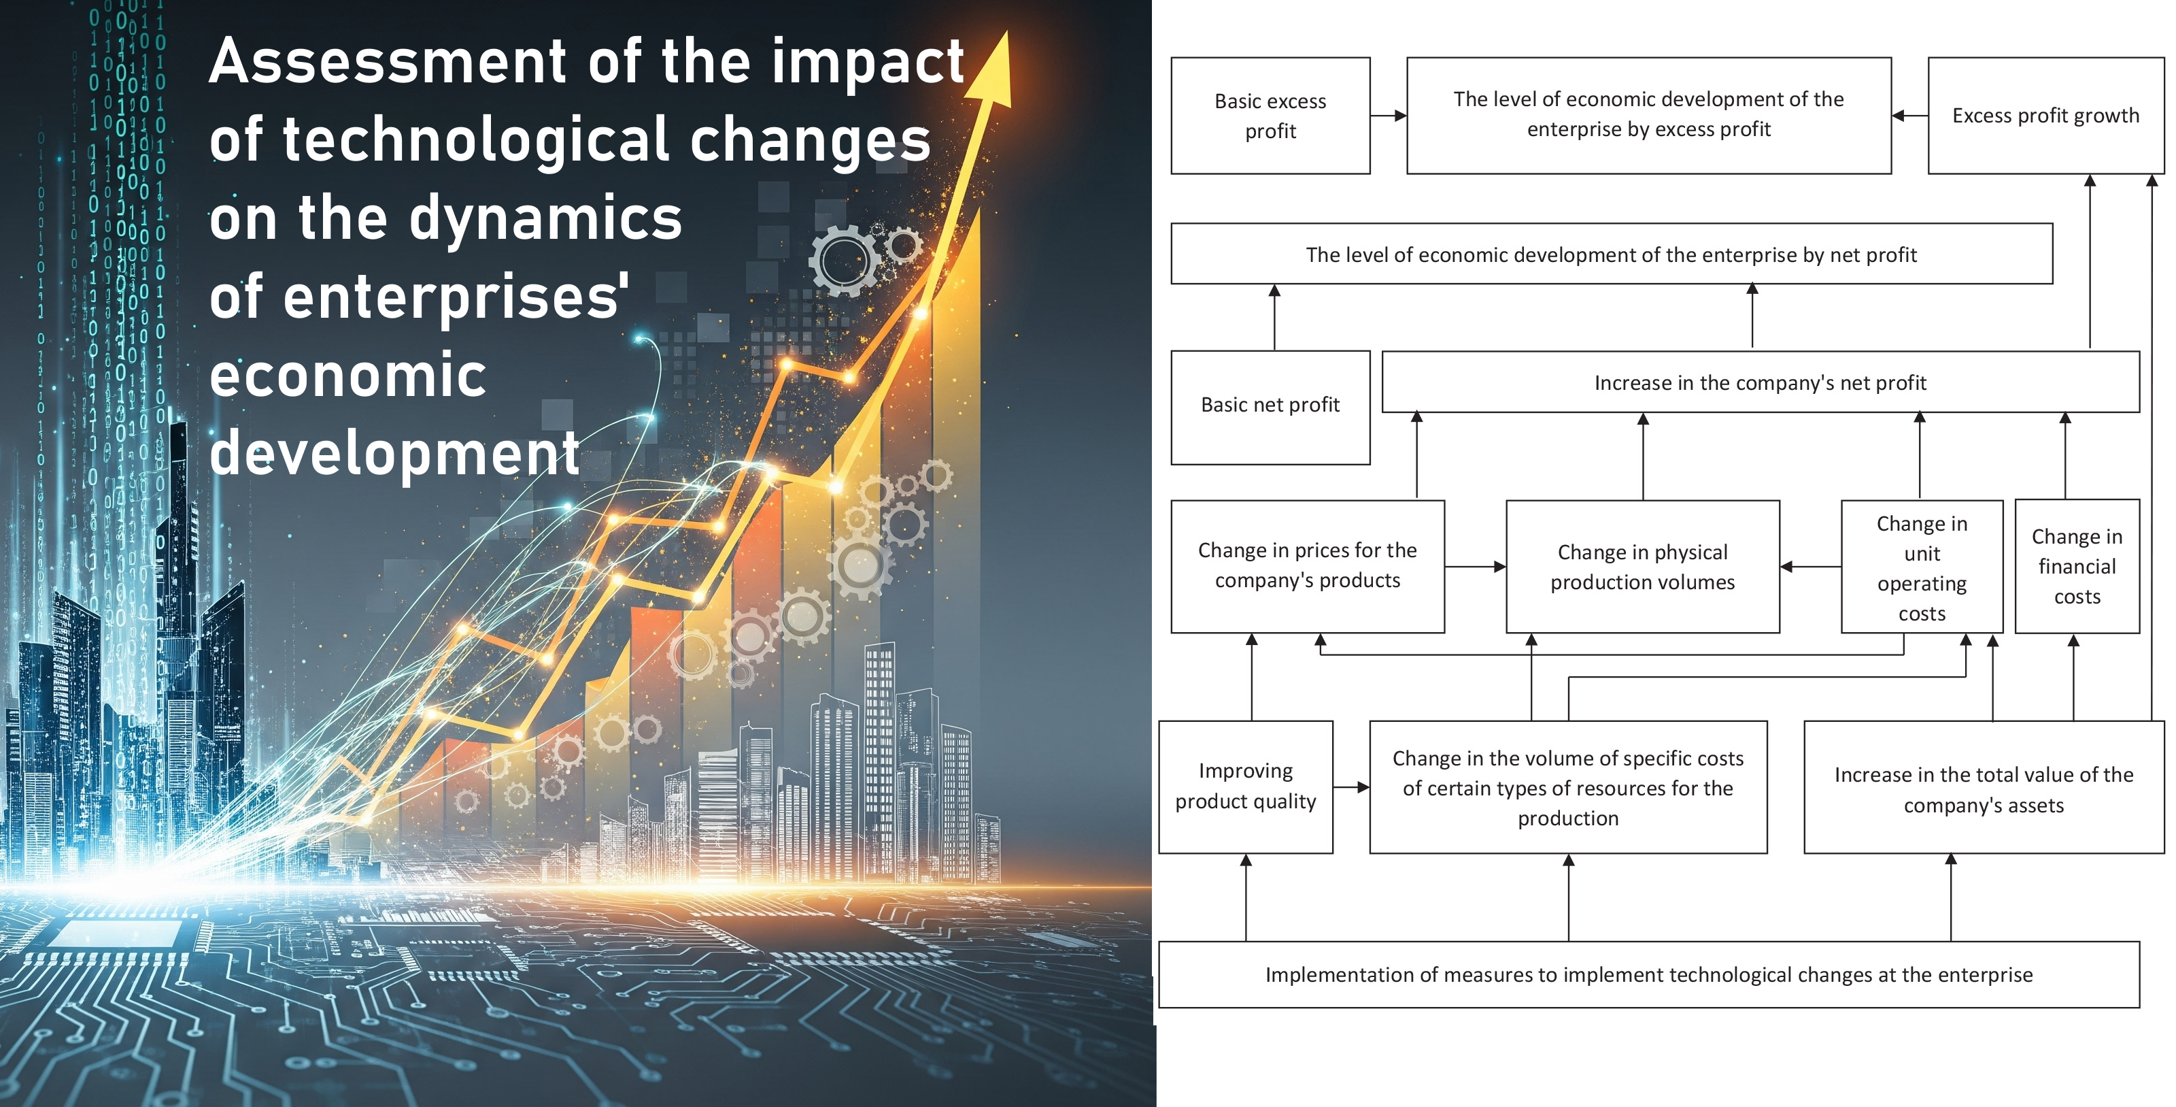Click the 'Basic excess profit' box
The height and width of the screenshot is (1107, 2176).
click(1270, 116)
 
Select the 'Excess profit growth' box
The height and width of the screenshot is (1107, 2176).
click(2045, 116)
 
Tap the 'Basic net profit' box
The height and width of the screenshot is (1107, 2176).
click(1270, 406)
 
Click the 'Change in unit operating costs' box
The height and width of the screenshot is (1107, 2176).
click(1922, 566)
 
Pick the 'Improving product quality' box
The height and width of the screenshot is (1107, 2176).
click(1245, 786)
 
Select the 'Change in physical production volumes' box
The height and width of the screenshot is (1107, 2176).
click(1642, 566)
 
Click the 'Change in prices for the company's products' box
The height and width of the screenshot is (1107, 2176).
click(1307, 566)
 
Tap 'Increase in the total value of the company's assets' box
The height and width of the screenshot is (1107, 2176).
click(1984, 788)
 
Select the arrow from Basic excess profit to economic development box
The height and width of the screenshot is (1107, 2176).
click(1388, 116)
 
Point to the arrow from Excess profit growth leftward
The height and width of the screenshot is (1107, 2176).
click(1909, 116)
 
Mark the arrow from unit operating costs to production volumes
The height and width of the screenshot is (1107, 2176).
click(1810, 566)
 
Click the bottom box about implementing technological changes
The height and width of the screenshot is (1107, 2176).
click(1648, 974)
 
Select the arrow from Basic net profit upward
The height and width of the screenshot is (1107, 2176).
click(1275, 317)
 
